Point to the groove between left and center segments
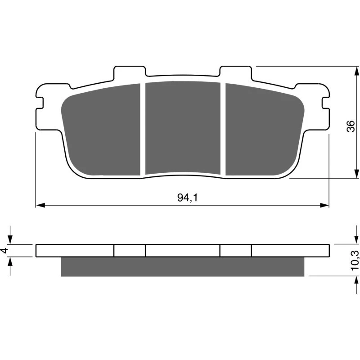coord(143,129)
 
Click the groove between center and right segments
coord(223,129)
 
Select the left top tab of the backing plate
coord(130,72)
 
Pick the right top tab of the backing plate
coord(235,72)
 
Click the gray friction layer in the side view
coord(182,266)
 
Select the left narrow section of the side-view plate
coord(130,251)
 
